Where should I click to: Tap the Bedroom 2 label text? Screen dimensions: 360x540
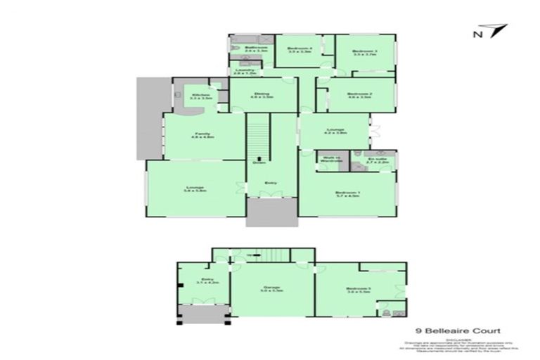pyautogui.click(x=359, y=96)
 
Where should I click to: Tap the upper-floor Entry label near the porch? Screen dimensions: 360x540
pyautogui.click(x=271, y=184)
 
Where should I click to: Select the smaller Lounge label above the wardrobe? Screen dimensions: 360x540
pyautogui.click(x=334, y=131)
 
